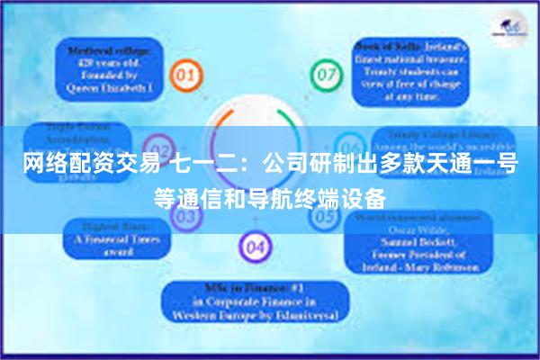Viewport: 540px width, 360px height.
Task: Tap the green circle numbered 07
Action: point(322,71)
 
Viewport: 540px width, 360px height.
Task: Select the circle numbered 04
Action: point(255,245)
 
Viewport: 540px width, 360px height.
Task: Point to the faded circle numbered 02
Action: point(158,148)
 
